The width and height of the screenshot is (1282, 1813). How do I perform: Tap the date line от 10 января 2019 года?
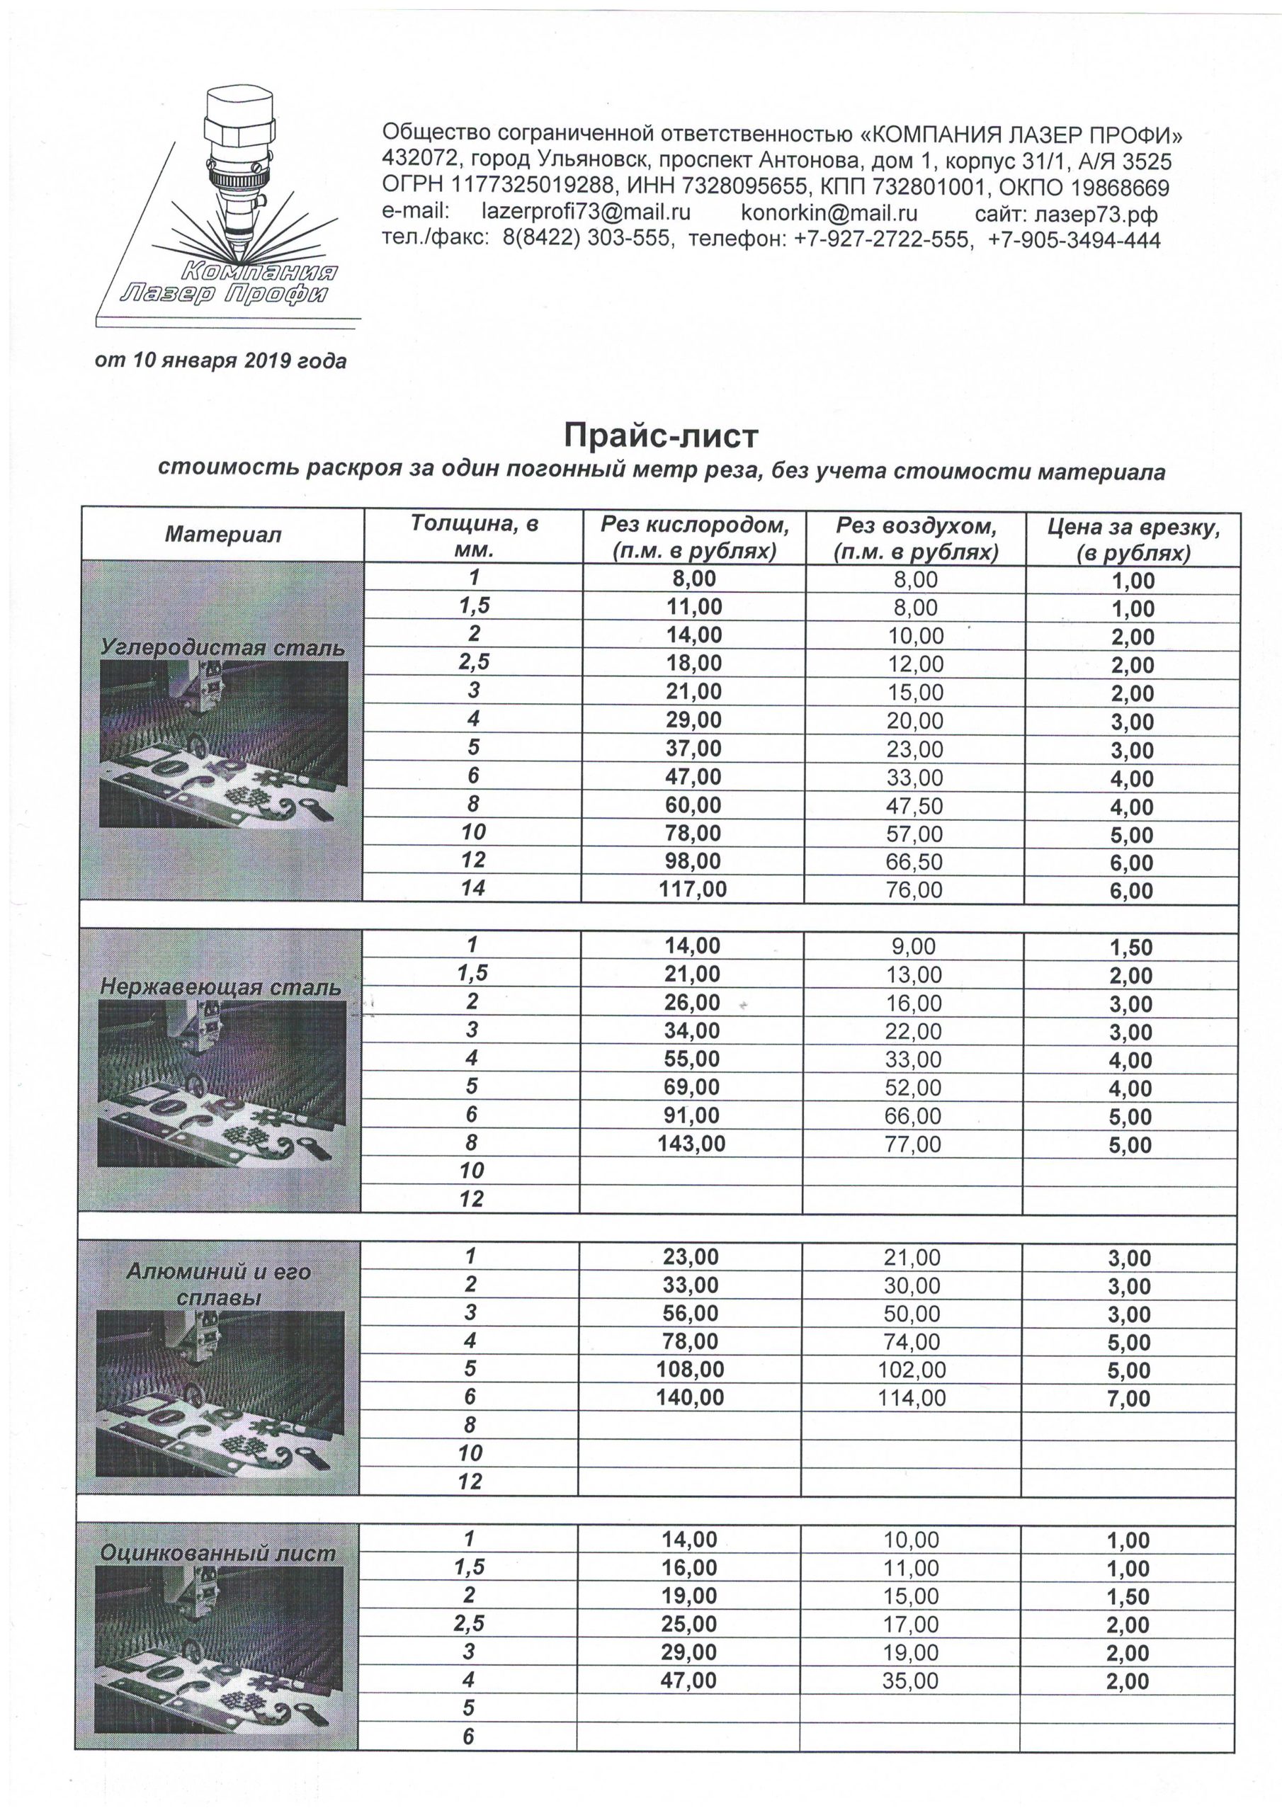(220, 361)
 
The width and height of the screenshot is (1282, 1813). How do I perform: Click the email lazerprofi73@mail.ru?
(585, 212)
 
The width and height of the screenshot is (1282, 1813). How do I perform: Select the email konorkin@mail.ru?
(829, 212)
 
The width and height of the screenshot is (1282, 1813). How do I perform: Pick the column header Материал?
(222, 535)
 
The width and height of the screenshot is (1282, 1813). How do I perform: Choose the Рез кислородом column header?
(694, 537)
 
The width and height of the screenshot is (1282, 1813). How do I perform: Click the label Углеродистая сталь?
(222, 647)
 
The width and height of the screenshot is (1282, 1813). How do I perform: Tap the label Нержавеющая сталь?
(220, 987)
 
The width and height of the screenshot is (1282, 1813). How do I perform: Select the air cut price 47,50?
(914, 806)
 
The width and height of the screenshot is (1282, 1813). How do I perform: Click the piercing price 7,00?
(1129, 1399)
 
